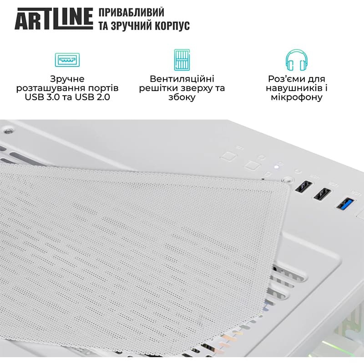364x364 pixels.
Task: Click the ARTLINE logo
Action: tap(54, 19)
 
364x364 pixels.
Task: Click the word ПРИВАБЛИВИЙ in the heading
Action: tap(131, 12)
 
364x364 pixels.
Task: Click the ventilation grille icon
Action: tap(182, 60)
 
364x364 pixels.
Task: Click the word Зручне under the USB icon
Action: tap(67, 79)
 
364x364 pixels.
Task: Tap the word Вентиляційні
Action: tap(182, 79)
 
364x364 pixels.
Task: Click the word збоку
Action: tap(182, 97)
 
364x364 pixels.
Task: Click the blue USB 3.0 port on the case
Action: tap(345, 203)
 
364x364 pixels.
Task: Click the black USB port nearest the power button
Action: tap(303, 187)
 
